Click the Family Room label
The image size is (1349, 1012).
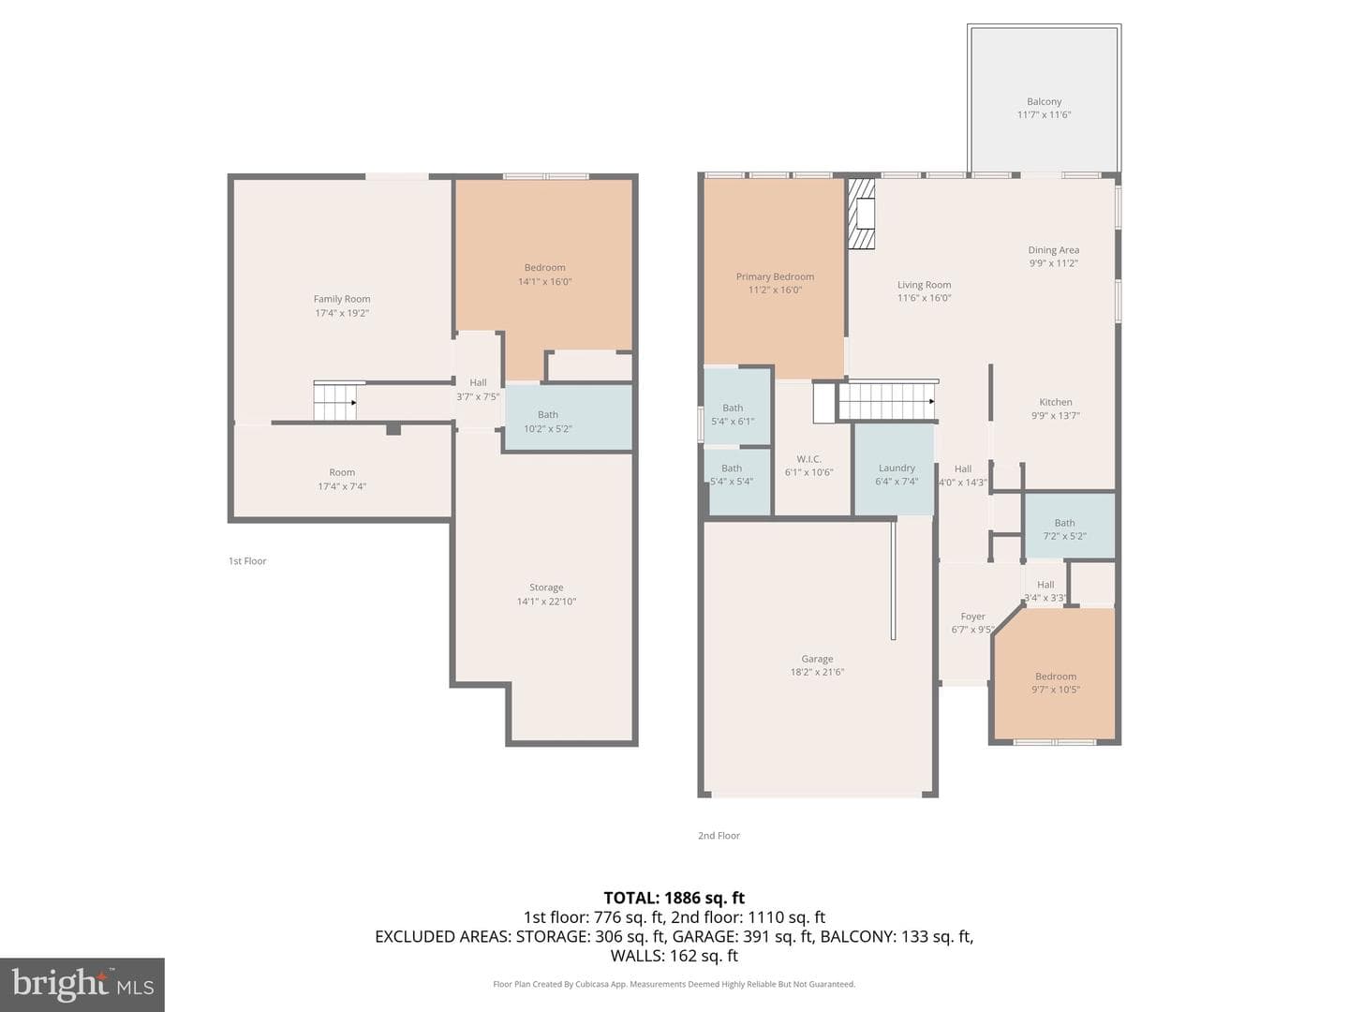342,299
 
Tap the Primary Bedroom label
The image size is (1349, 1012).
775,276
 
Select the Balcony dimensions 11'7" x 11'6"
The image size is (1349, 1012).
1044,114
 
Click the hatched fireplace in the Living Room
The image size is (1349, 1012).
861,214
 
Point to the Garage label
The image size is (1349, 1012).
817,659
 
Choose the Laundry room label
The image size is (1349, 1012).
897,469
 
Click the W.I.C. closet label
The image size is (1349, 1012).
808,459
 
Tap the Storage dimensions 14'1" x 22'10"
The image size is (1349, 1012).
546,602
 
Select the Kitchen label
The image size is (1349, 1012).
1055,402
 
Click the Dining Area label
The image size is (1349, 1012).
1053,250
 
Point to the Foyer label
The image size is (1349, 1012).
972,617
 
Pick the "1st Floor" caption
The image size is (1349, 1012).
247,561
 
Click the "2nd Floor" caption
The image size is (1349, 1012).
719,836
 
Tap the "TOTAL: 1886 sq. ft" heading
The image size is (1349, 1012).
674,898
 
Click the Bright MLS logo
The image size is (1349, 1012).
82,984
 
